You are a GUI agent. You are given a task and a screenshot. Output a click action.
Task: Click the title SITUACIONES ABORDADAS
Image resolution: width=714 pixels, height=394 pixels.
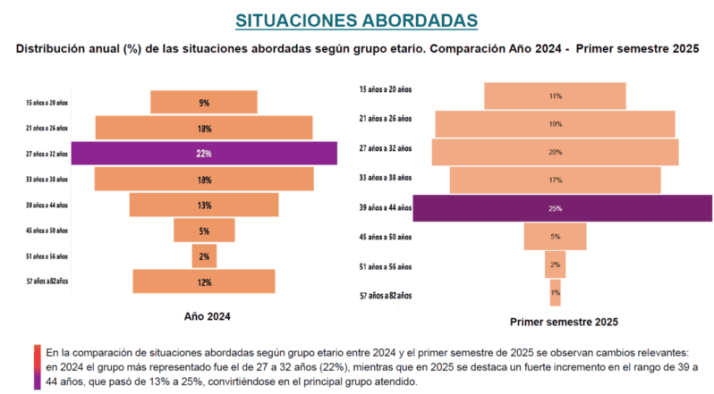tap(356, 20)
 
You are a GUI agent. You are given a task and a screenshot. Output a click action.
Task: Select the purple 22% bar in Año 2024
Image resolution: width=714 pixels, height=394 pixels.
tap(204, 154)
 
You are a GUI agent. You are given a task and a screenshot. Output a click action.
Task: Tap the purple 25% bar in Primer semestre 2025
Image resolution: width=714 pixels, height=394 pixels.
tap(563, 208)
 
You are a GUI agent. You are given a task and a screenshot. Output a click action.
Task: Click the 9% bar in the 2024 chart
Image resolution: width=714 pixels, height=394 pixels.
tap(204, 103)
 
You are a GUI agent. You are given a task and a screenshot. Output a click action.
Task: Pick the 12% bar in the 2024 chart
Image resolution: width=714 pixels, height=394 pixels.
tap(204, 282)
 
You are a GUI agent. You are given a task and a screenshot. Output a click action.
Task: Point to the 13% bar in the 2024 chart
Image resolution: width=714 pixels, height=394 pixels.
tap(204, 205)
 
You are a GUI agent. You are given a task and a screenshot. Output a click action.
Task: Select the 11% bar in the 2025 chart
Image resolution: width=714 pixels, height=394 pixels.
tap(555, 96)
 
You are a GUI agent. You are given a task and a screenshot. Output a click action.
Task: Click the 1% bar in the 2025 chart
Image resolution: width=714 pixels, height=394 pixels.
tap(555, 293)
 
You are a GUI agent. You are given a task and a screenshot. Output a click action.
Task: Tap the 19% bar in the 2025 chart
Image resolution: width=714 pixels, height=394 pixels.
tap(555, 124)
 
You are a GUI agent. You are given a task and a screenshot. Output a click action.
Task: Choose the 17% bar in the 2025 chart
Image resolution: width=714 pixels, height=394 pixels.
tap(555, 180)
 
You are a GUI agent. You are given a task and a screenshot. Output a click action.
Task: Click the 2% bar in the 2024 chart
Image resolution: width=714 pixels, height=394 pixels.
tap(204, 256)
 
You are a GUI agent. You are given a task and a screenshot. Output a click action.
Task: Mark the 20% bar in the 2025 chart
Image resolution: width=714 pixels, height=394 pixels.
tap(555, 152)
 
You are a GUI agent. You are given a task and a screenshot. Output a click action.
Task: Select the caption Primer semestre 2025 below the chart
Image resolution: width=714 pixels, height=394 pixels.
tap(563, 322)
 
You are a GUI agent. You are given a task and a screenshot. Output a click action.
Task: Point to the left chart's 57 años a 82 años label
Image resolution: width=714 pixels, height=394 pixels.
tap(47, 282)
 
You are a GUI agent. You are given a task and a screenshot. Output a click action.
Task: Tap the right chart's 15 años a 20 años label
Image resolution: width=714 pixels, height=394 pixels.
tap(385, 89)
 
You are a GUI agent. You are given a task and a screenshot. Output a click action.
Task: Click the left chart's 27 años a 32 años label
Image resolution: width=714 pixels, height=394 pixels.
tap(47, 154)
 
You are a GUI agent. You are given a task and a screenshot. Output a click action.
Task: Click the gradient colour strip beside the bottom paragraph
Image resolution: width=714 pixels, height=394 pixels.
tap(37, 366)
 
